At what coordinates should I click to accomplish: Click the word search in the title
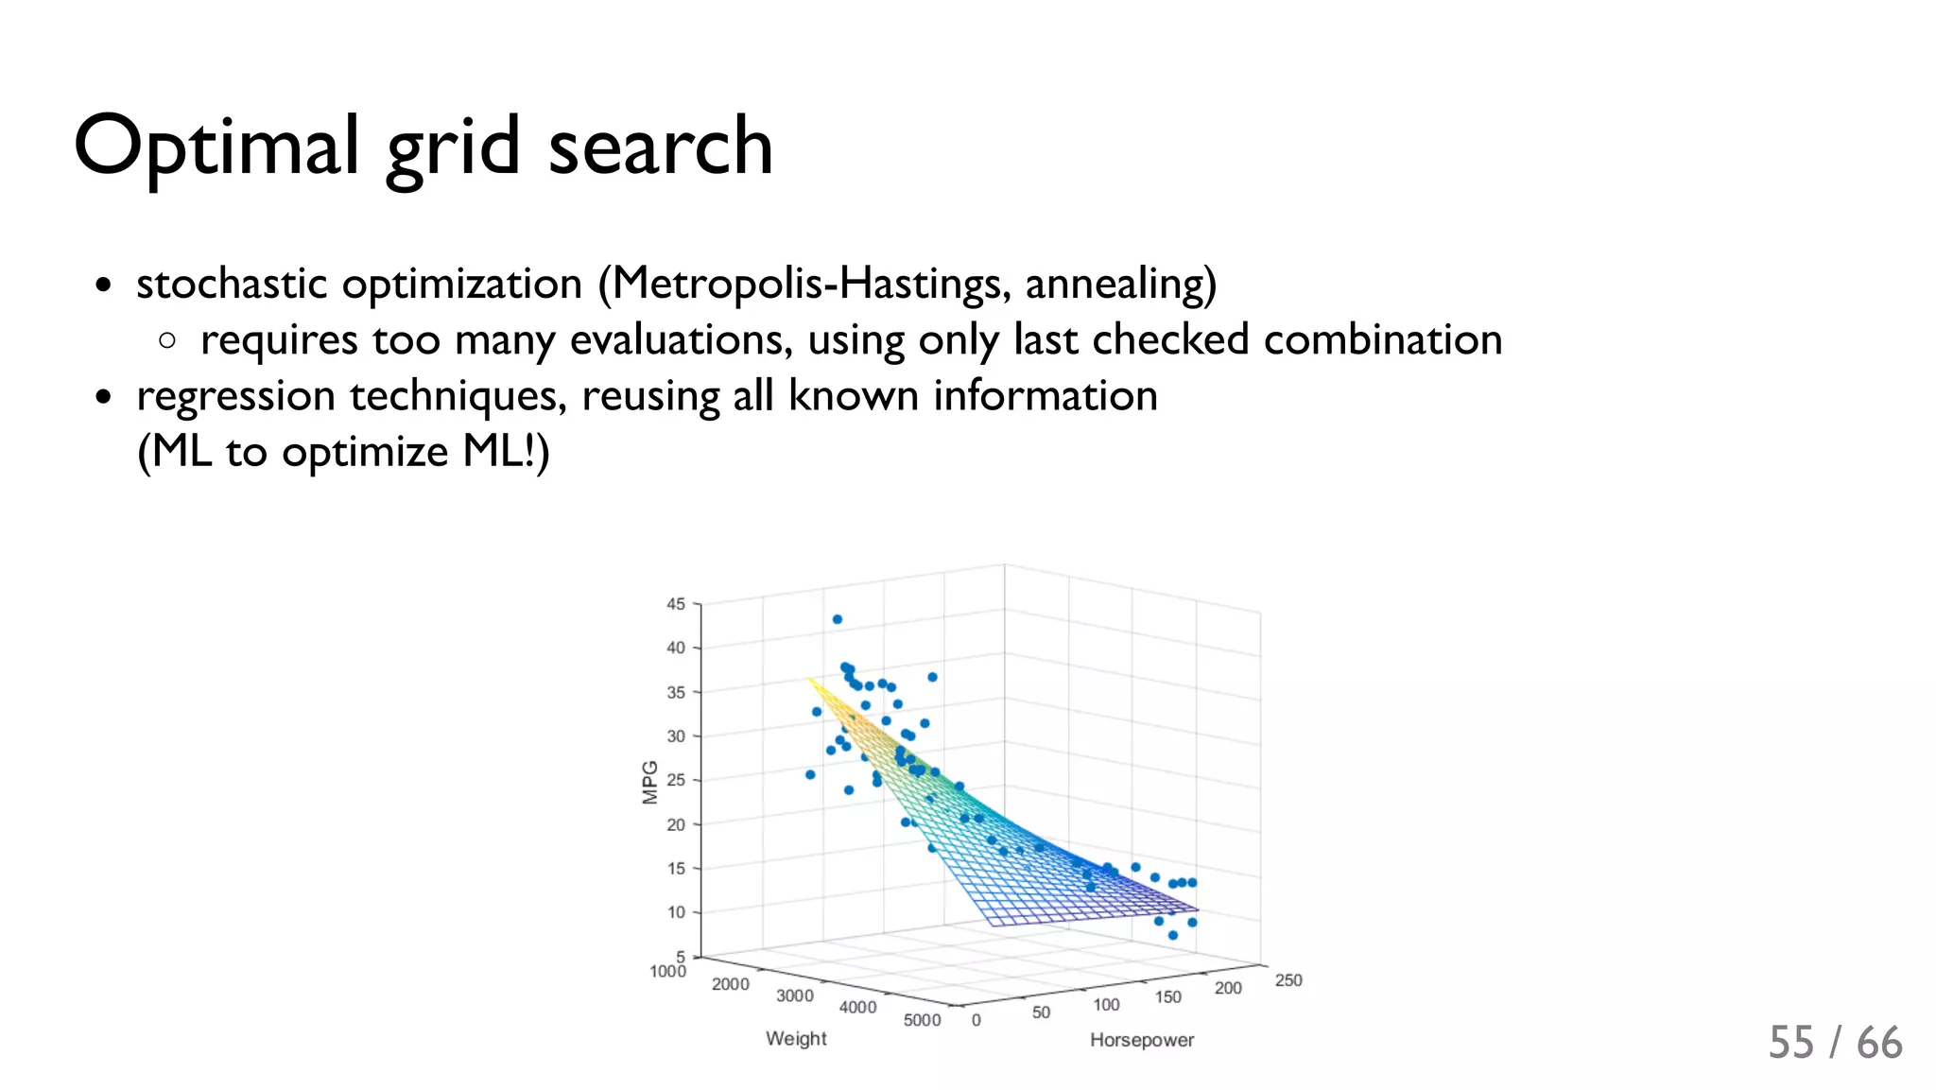(660, 147)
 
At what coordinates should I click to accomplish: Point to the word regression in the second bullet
(236, 396)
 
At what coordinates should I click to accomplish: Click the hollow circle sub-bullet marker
(167, 340)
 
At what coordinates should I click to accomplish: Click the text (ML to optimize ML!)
(343, 451)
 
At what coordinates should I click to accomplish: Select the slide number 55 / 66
(1835, 1043)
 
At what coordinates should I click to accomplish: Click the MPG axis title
(649, 782)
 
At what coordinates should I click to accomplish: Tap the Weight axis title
(796, 1038)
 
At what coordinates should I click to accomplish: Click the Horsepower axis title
(1142, 1040)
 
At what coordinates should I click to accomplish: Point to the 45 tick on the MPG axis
(675, 604)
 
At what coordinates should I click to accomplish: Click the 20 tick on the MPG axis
(675, 824)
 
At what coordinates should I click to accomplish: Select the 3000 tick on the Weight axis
(794, 995)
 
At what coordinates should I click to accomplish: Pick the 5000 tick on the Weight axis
(922, 1020)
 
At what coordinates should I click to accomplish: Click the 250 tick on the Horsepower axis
(1288, 980)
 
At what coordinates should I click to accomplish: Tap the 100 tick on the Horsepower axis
(1106, 1005)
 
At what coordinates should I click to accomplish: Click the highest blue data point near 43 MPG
(837, 619)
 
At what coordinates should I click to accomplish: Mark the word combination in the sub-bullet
(1382, 339)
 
